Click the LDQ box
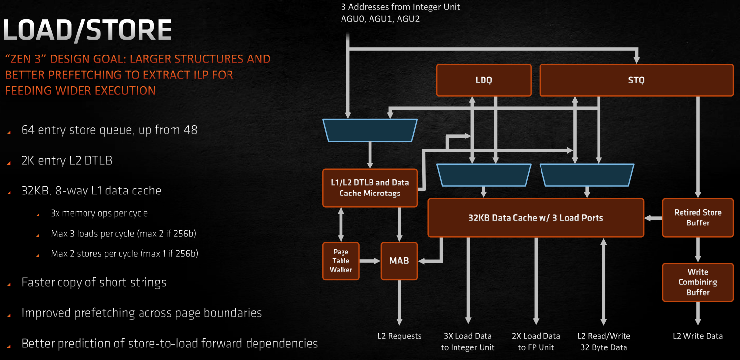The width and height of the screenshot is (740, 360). [x=484, y=80]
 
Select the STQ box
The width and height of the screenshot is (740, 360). [x=636, y=80]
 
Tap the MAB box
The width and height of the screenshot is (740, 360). [x=399, y=261]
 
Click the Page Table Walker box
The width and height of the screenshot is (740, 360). [x=341, y=261]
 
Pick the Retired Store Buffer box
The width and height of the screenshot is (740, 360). [x=698, y=218]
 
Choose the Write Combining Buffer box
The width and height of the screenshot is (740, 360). [x=698, y=282]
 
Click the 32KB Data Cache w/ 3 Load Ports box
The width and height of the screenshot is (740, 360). [x=536, y=218]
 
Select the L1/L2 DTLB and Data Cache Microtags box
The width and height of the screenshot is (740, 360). [x=370, y=188]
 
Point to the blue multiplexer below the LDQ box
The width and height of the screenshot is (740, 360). [x=484, y=175]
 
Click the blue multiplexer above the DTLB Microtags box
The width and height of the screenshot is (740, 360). [x=370, y=131]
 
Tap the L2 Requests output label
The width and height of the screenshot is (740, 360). [x=399, y=336]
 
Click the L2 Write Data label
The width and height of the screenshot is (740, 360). [x=698, y=336]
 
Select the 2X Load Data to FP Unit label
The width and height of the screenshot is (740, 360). [x=536, y=341]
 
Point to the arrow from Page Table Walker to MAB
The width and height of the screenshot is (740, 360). [x=370, y=261]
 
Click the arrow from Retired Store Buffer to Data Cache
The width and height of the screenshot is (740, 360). [x=654, y=218]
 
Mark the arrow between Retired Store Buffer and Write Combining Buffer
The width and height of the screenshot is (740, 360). [x=698, y=250]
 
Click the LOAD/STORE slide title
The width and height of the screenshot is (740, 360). [x=87, y=30]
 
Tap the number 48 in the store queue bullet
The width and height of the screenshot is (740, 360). [x=190, y=130]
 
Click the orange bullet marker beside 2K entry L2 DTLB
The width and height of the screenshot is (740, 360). [x=9, y=163]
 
